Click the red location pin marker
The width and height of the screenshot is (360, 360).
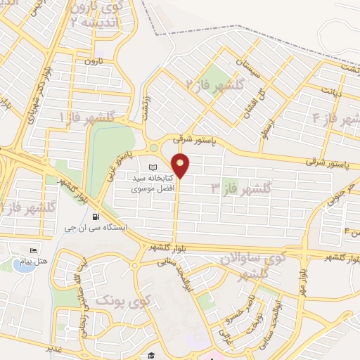(181, 165)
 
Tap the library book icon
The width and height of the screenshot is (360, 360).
(153, 167)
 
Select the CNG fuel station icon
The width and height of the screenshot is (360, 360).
(105, 217)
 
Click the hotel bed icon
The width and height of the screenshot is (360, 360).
(32, 251)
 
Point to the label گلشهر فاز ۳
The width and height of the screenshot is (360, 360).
(241, 188)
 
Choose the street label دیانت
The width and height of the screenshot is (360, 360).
(330, 91)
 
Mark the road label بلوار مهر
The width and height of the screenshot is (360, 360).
(300, 267)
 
